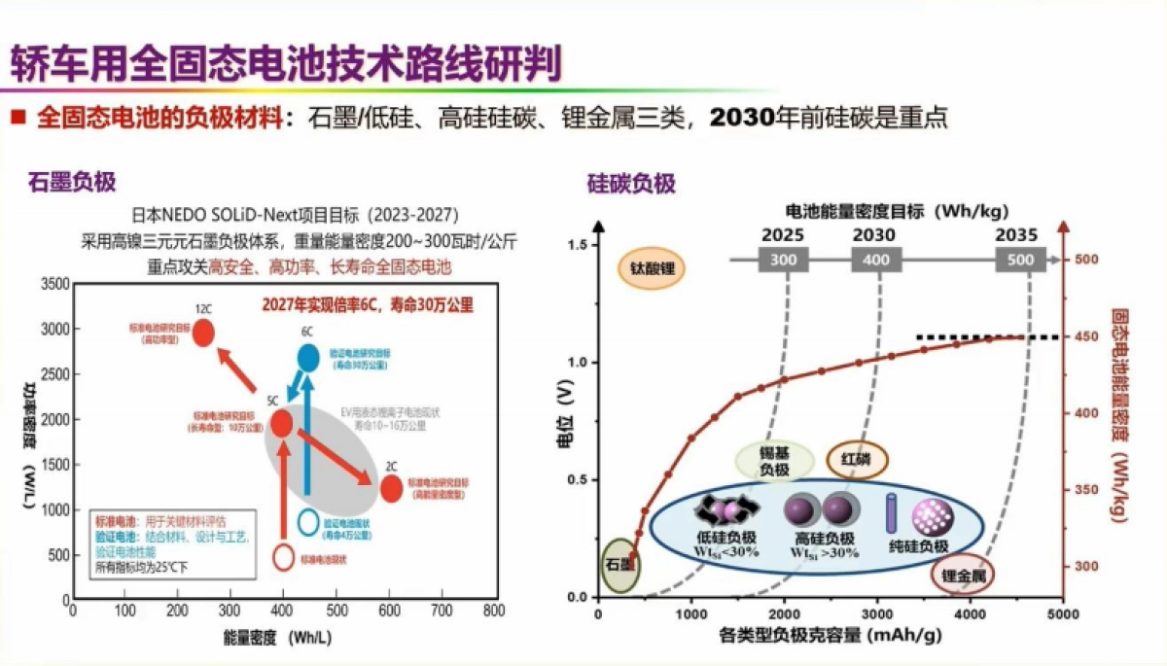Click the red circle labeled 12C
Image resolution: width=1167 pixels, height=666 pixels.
coord(203,333)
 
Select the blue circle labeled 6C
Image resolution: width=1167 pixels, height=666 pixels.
coord(307,358)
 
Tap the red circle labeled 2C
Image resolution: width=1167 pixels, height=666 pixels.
coord(391,488)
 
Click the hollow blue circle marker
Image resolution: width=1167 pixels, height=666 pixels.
coord(307,522)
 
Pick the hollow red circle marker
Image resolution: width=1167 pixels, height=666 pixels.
coord(284,558)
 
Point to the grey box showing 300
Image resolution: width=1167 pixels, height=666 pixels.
coord(783,260)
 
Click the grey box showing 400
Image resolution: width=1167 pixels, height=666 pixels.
coord(876,260)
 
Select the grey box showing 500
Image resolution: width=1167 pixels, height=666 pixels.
coord(1020,260)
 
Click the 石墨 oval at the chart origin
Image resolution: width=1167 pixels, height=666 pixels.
coord(619,565)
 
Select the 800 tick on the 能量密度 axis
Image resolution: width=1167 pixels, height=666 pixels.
coord(494,611)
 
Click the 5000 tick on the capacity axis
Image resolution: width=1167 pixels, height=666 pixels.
coord(1062,614)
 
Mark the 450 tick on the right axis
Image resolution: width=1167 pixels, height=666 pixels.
coord(1085,337)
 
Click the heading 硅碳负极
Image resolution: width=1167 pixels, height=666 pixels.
coord(631,182)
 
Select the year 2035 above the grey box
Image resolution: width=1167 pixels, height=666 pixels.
coord(1017,234)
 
